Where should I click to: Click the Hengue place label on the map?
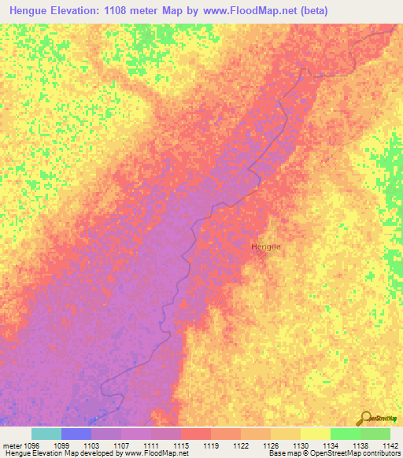(x=265, y=246)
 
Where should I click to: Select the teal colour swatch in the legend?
(x=46, y=434)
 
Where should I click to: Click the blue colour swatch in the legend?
(x=76, y=434)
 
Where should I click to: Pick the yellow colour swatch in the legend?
(x=315, y=434)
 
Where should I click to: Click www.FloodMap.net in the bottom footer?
(x=153, y=453)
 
